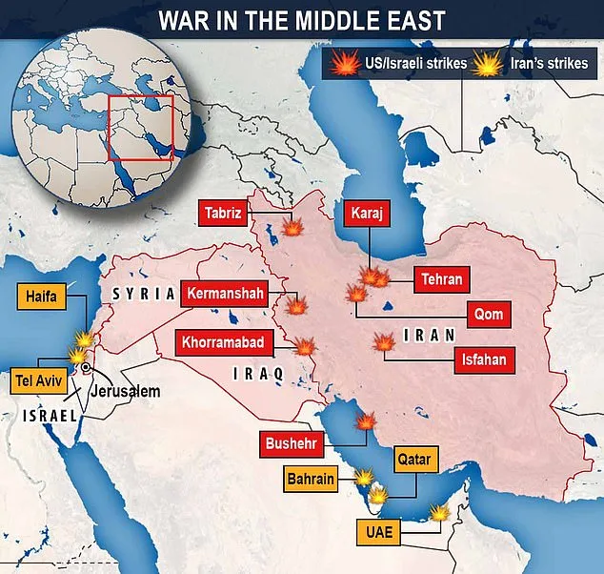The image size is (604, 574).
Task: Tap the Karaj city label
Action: pyautogui.click(x=366, y=214)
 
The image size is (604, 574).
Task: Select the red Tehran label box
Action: pyautogui.click(x=439, y=279)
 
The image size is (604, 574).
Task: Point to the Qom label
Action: pyautogui.click(x=486, y=314)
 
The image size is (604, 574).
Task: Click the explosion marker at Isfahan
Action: pyautogui.click(x=386, y=342)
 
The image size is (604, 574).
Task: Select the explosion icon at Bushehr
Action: pyautogui.click(x=364, y=421)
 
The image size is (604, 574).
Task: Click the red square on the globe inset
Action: pyautogui.click(x=139, y=127)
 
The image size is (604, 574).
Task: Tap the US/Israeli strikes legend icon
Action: pyautogui.click(x=341, y=66)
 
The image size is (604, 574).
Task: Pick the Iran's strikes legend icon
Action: pyautogui.click(x=490, y=66)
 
